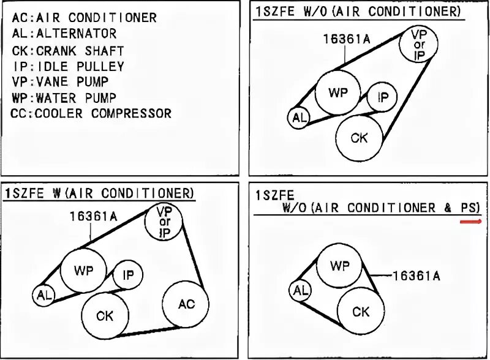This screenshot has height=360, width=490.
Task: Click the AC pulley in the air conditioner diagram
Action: pyautogui.click(x=186, y=305)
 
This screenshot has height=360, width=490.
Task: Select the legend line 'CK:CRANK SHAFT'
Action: pyautogui.click(x=67, y=51)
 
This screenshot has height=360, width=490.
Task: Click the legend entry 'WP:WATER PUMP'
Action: pyautogui.click(x=63, y=97)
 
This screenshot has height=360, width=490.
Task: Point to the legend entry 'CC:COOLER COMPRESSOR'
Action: pyautogui.click(x=91, y=113)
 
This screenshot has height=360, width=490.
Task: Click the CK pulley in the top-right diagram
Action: pyautogui.click(x=359, y=138)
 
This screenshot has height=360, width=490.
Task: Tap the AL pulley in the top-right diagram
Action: pyautogui.click(x=300, y=118)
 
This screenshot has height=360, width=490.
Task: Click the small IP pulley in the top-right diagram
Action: pyautogui.click(x=383, y=98)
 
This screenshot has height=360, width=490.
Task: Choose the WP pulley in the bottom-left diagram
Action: pyautogui.click(x=84, y=269)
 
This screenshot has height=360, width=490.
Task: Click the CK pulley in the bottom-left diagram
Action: pyautogui.click(x=105, y=316)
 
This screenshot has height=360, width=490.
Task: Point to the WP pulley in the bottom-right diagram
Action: pyautogui.click(x=339, y=265)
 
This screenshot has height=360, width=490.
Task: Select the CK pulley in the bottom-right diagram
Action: pyautogui.click(x=361, y=311)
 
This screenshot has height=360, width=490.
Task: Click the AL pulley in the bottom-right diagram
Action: pyautogui.click(x=300, y=291)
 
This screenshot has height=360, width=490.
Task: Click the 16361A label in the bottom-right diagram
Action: pyautogui.click(x=416, y=276)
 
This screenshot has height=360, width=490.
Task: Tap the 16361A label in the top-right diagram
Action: pyautogui.click(x=347, y=40)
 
